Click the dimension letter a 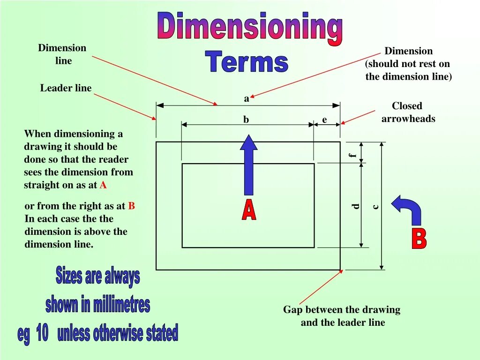pyautogui.click(x=247, y=99)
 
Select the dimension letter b pyautogui.click(x=246, y=120)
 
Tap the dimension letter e pyautogui.click(x=324, y=120)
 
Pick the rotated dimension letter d pyautogui.click(x=356, y=206)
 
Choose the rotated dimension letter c pyautogui.click(x=375, y=206)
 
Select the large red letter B pyautogui.click(x=419, y=239)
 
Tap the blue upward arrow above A pyautogui.click(x=248, y=164)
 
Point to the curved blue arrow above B pyautogui.click(x=408, y=208)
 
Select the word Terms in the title pyautogui.click(x=247, y=62)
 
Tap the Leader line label pyautogui.click(x=66, y=88)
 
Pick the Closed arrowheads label pyautogui.click(x=408, y=112)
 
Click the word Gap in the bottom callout pyautogui.click(x=293, y=309)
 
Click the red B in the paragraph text pyautogui.click(x=132, y=206)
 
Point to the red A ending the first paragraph pyautogui.click(x=103, y=185)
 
